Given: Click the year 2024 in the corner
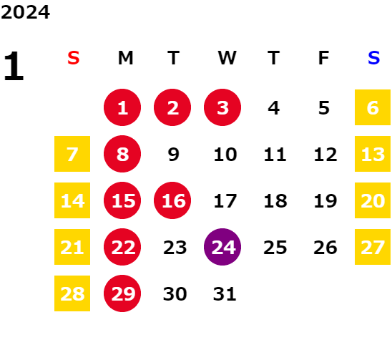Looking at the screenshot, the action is (x=25, y=12).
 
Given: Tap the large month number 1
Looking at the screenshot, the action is (x=14, y=66).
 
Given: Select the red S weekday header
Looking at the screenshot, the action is (x=74, y=58).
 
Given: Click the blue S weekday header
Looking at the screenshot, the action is (x=373, y=58).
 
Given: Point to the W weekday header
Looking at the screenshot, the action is (x=227, y=58).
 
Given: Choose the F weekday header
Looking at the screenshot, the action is (x=323, y=58).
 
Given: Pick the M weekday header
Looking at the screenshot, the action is (x=125, y=58).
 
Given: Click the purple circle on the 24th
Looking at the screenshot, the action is (x=222, y=247).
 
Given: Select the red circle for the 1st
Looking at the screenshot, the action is (x=122, y=107).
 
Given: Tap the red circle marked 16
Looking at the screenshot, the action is (x=172, y=200).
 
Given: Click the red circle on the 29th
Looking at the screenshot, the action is (x=122, y=293).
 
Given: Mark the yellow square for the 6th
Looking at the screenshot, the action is (x=373, y=107).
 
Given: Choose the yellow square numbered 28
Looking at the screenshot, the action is (x=72, y=293).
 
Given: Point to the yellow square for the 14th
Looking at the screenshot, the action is (x=72, y=200).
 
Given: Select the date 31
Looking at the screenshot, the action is (x=225, y=294).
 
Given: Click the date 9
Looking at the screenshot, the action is (x=174, y=155).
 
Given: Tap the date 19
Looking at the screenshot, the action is (x=325, y=201).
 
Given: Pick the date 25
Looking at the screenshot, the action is (x=275, y=248).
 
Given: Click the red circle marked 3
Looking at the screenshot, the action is (x=222, y=107).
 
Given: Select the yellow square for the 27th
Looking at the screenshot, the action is (x=373, y=247).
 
